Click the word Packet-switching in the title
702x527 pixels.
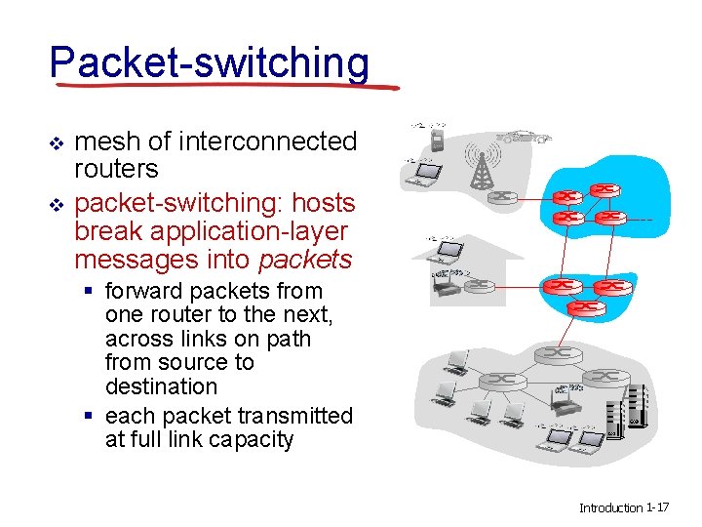pos(210,62)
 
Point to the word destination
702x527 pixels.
pos(161,386)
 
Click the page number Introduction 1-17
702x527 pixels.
pos(623,507)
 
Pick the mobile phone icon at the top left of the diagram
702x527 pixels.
pos(438,140)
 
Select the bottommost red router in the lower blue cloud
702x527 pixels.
pos(587,306)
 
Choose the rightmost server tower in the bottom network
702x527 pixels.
pos(638,407)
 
